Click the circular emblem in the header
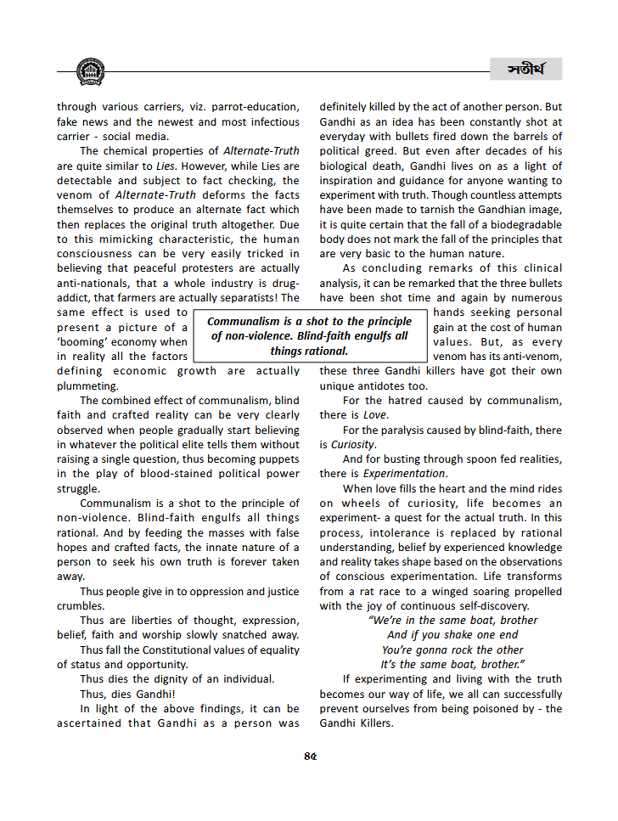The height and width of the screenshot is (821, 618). coord(90,72)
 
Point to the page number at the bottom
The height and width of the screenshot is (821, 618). coord(310,756)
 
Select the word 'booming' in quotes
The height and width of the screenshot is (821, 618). coord(82,342)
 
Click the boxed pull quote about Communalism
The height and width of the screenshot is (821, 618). coord(309,336)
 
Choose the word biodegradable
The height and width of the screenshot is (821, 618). coord(520,225)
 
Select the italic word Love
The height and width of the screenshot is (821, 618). coord(375,415)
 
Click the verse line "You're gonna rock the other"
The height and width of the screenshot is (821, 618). coord(441,650)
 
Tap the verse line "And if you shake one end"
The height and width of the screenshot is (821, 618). coord(441,635)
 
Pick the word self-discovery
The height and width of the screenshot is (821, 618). coord(489,606)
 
